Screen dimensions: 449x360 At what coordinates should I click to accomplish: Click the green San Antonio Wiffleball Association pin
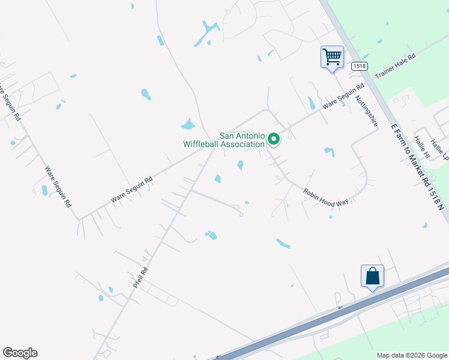[x=274, y=139]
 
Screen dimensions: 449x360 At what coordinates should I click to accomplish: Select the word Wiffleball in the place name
[x=202, y=144]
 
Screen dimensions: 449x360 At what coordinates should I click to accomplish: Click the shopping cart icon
[x=332, y=57]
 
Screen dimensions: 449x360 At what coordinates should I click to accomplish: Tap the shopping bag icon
[x=372, y=276]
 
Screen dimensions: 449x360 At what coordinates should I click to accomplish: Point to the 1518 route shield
[x=359, y=66]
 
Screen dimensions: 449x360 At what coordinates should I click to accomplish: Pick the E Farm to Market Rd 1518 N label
[x=418, y=167]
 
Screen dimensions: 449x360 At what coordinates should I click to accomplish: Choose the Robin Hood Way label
[x=326, y=197]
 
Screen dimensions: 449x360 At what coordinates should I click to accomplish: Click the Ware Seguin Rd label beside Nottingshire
[x=343, y=97]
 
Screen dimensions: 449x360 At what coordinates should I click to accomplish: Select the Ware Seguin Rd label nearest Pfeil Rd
[x=132, y=190]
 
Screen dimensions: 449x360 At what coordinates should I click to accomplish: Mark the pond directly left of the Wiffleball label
[x=188, y=125]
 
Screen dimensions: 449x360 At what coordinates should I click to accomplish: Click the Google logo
[x=20, y=353]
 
